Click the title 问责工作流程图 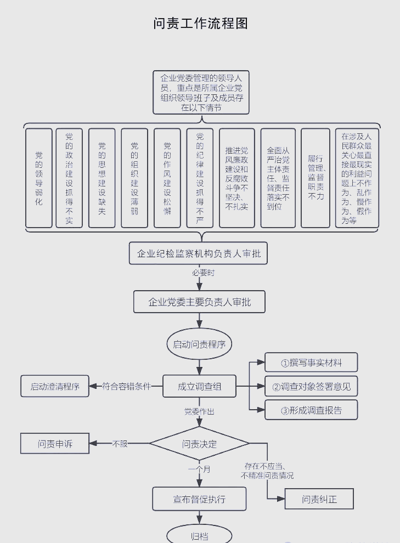[x=201, y=24]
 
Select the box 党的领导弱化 [x=39, y=178]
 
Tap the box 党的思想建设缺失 [x=102, y=178]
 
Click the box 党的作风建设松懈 [x=167, y=178]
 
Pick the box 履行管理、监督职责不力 [x=316, y=178]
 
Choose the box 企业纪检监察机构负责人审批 [x=199, y=253]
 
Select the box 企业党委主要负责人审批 [x=200, y=302]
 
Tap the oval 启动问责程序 [x=199, y=344]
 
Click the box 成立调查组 [x=199, y=387]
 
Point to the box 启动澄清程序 [x=55, y=387]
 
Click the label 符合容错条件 [x=126, y=386]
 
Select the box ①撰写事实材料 [x=311, y=363]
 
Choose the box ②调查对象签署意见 [x=311, y=387]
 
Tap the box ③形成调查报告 [x=311, y=410]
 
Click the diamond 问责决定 [x=199, y=444]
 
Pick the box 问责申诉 [x=55, y=444]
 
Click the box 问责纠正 [x=319, y=499]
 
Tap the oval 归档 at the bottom [x=199, y=536]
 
